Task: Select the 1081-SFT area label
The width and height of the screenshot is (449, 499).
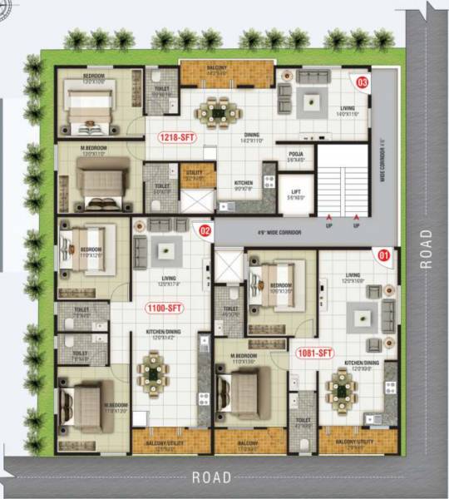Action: tap(313, 353)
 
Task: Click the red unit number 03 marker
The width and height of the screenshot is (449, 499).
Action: tap(362, 82)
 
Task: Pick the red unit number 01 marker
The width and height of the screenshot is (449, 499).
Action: tap(383, 255)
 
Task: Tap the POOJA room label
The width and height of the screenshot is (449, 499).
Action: tap(295, 152)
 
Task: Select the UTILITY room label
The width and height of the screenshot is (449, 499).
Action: tap(195, 174)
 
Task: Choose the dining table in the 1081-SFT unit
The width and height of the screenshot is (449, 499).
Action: tap(341, 385)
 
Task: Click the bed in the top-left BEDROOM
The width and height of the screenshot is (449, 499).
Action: tap(88, 111)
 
